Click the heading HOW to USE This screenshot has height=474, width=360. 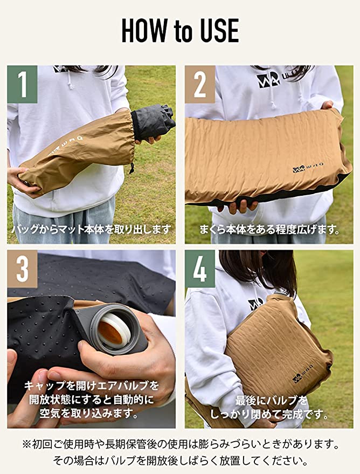point(180,31)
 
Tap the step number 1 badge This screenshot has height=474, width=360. point(22,84)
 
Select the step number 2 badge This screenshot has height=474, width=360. point(200,84)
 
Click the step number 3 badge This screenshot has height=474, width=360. point(22,269)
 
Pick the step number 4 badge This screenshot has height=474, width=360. point(200,269)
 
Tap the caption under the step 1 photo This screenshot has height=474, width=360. point(91,230)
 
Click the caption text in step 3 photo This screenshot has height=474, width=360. point(91,400)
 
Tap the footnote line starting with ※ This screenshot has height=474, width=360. point(180,445)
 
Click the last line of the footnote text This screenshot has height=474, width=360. point(180,462)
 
